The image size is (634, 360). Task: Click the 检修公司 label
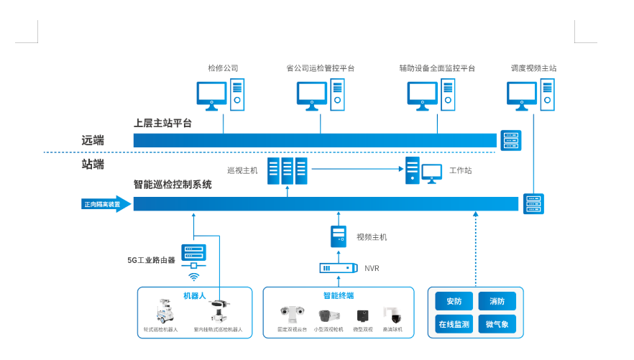click(x=223, y=69)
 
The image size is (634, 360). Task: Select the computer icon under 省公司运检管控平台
click(x=321, y=96)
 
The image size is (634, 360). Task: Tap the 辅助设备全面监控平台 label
click(x=437, y=69)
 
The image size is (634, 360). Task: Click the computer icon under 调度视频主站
click(x=531, y=96)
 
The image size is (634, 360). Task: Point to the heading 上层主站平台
click(x=163, y=123)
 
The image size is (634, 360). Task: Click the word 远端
click(x=93, y=140)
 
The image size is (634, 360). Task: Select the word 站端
click(x=93, y=165)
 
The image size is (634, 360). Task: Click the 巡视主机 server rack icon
click(x=288, y=171)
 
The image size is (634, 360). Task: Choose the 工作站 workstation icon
click(x=423, y=171)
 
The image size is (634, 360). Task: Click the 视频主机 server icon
click(x=339, y=236)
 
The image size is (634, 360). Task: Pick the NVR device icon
click(x=339, y=269)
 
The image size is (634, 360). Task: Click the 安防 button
click(x=454, y=302)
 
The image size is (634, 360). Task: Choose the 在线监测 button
click(x=454, y=325)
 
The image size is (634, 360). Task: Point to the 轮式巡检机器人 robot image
click(x=162, y=313)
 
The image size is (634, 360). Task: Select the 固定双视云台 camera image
click(x=291, y=314)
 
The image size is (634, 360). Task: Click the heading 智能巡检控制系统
click(x=173, y=185)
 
